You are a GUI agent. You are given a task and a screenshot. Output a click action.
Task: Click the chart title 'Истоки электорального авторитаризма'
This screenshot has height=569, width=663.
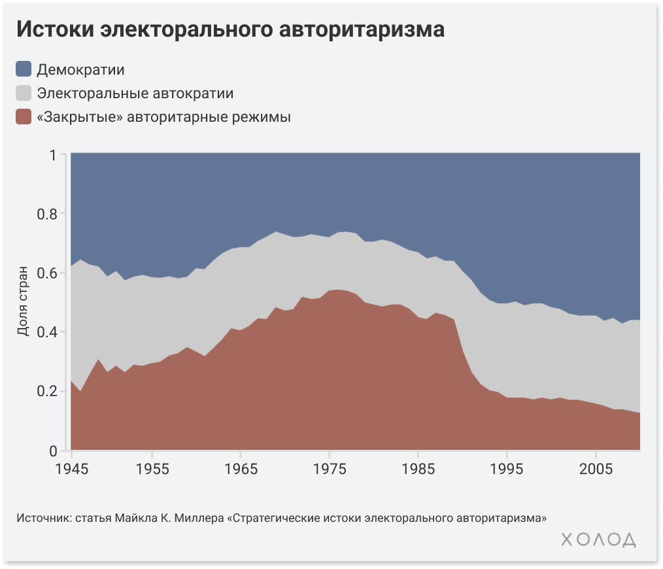(x=230, y=30)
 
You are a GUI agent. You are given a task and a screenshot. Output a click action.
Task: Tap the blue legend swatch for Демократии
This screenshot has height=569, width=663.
(x=24, y=69)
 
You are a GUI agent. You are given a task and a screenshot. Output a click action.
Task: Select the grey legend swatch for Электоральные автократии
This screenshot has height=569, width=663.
(x=24, y=93)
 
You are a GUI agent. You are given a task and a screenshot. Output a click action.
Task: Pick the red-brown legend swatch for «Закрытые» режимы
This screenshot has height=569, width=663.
(x=24, y=117)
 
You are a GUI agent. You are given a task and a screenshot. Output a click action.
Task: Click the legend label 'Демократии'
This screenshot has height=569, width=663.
(x=80, y=69)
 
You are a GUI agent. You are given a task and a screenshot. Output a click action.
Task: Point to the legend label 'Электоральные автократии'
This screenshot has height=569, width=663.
(x=135, y=93)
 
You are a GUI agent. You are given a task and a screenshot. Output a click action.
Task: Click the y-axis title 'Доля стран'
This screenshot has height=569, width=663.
(x=23, y=301)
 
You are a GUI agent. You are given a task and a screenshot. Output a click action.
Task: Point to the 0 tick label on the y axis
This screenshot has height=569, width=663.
(x=54, y=451)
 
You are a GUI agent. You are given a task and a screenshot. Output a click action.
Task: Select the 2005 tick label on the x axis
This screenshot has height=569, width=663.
(x=596, y=469)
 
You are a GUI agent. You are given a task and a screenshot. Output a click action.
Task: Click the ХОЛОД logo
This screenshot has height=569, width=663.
(x=598, y=540)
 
